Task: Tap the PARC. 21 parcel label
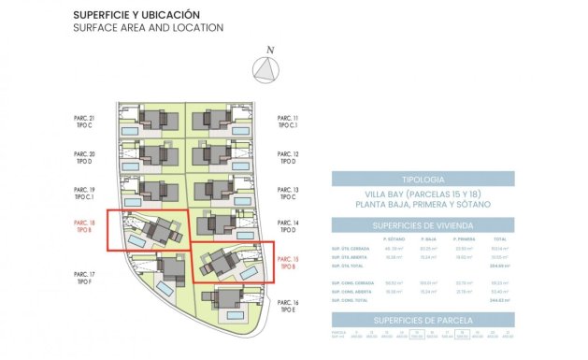84,120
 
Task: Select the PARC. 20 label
84,155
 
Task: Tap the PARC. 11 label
288,120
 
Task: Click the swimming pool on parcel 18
136,242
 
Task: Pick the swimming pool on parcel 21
131,130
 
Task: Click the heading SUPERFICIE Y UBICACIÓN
136,15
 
